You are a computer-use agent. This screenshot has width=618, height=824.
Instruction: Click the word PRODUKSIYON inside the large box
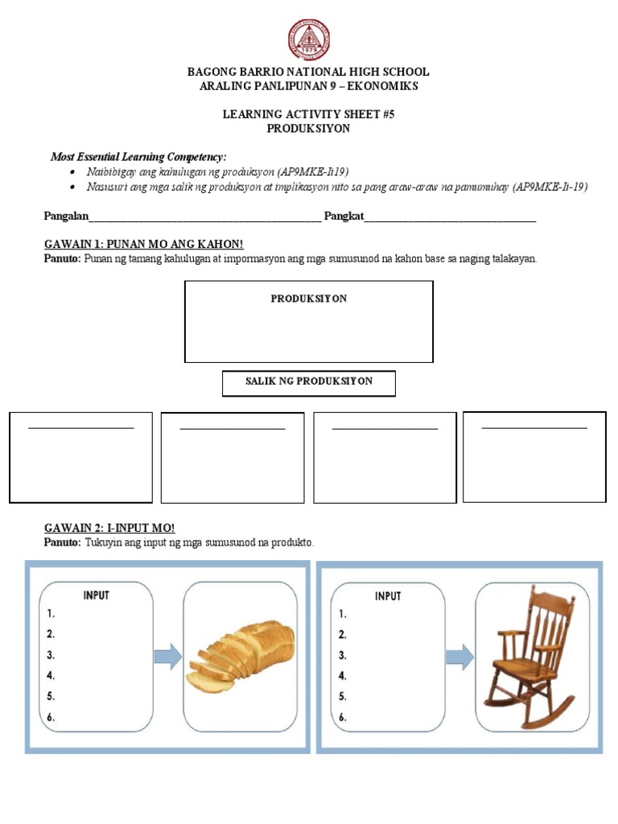(x=309, y=299)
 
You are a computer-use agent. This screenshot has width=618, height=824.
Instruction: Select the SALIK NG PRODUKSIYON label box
(x=309, y=381)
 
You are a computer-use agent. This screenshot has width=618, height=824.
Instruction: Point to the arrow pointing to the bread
(x=167, y=657)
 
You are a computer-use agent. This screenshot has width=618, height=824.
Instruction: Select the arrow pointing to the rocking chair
(x=459, y=657)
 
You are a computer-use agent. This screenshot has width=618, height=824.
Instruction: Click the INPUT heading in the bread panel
(x=96, y=595)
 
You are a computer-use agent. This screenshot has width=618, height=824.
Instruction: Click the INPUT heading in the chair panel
(x=388, y=596)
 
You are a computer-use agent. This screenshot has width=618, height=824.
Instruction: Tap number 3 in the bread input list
(x=51, y=655)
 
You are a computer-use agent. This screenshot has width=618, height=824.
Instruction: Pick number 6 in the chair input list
(x=343, y=718)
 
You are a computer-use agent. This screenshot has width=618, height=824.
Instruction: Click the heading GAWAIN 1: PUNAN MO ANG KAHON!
(x=143, y=244)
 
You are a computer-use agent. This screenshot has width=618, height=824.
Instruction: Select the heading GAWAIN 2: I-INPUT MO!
(x=109, y=528)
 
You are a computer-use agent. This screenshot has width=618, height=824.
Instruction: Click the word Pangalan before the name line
(x=65, y=216)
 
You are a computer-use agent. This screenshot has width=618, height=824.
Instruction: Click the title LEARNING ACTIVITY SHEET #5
(x=309, y=114)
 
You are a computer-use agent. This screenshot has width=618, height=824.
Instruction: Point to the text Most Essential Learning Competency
(x=138, y=156)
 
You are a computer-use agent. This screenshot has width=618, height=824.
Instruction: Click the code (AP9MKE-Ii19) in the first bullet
(x=313, y=172)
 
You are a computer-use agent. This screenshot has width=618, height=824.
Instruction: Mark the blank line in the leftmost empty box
(x=80, y=428)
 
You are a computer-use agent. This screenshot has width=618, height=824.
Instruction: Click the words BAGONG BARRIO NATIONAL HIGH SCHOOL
(x=309, y=72)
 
